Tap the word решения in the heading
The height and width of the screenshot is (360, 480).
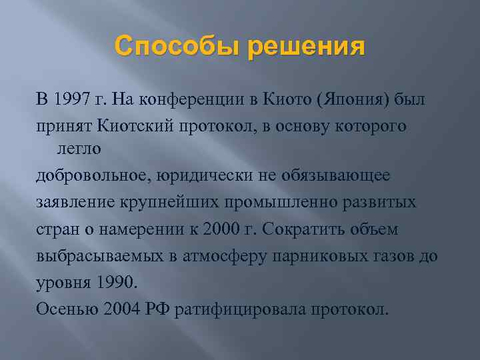click(x=307, y=47)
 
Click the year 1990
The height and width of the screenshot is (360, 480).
click(x=116, y=282)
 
